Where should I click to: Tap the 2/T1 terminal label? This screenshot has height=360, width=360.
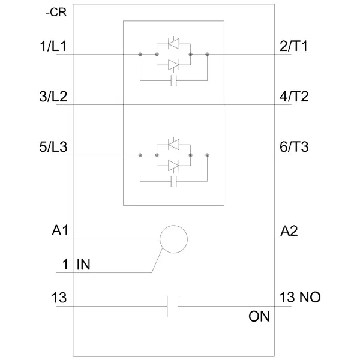click(x=293, y=46)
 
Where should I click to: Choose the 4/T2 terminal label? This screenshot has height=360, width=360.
click(x=294, y=97)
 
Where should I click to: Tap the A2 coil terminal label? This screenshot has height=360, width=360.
click(x=289, y=231)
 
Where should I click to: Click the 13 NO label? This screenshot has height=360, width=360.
click(x=301, y=298)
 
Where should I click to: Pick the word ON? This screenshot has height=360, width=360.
click(x=259, y=316)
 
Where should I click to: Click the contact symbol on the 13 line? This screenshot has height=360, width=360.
click(x=173, y=307)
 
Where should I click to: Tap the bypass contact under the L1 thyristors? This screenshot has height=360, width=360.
click(x=173, y=80)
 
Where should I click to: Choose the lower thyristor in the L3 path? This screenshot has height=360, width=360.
click(x=173, y=165)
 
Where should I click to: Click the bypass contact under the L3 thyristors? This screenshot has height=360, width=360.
click(x=173, y=181)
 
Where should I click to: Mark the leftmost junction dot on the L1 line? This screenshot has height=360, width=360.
click(x=140, y=55)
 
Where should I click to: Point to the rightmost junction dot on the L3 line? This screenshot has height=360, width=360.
click(x=207, y=155)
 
